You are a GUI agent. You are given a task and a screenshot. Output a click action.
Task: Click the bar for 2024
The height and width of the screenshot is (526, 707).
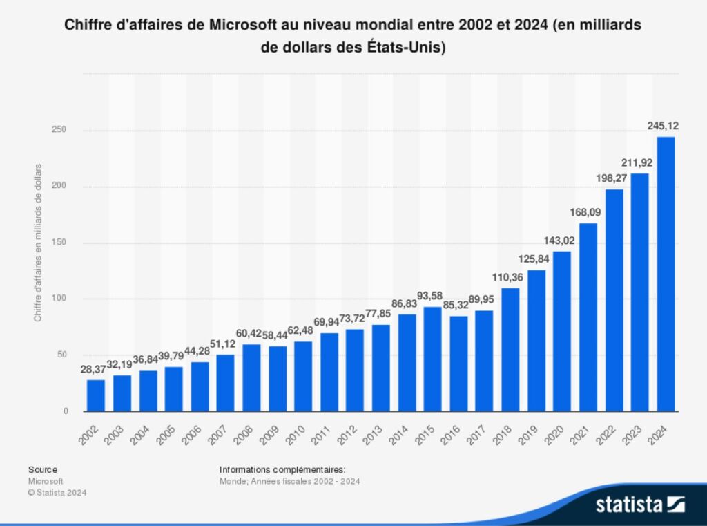tap(666, 274)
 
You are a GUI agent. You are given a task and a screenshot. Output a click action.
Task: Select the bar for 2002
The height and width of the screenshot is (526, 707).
tap(97, 395)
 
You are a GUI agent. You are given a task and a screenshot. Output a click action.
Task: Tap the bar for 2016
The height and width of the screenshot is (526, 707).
tap(459, 364)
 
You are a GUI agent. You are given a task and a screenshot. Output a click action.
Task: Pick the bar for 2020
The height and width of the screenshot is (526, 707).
tap(562, 331)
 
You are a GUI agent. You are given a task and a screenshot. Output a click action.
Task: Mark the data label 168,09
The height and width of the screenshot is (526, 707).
tap(587, 213)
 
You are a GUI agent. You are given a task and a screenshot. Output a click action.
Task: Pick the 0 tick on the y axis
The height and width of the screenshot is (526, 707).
tap(66, 411)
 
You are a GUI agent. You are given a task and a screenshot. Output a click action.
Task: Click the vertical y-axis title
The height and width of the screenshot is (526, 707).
tap(38, 243)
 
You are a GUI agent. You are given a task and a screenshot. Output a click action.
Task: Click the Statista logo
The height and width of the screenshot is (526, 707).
tap(639, 504)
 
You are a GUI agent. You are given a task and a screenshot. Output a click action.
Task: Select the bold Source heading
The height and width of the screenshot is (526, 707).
tap(43, 469)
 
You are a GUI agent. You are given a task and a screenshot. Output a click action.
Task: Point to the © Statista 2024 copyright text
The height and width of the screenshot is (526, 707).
tap(58, 492)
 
